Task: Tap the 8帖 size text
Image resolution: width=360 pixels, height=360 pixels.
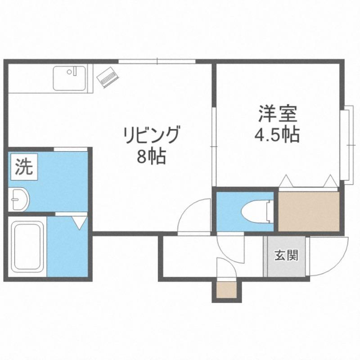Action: [151, 156]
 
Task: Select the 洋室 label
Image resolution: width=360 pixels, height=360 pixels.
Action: [278, 114]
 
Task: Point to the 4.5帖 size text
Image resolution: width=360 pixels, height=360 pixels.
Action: [277, 135]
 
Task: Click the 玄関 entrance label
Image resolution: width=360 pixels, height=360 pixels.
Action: [286, 255]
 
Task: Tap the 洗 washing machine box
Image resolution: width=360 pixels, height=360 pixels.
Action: [24, 167]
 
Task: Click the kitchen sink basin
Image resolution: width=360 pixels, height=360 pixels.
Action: [69, 78]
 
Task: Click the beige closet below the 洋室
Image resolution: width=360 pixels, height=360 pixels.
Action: [309, 211]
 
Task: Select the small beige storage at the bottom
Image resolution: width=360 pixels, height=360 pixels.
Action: [227, 290]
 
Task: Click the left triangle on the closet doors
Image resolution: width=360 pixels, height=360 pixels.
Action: [286, 181]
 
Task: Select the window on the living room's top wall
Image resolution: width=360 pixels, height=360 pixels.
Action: [157, 61]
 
